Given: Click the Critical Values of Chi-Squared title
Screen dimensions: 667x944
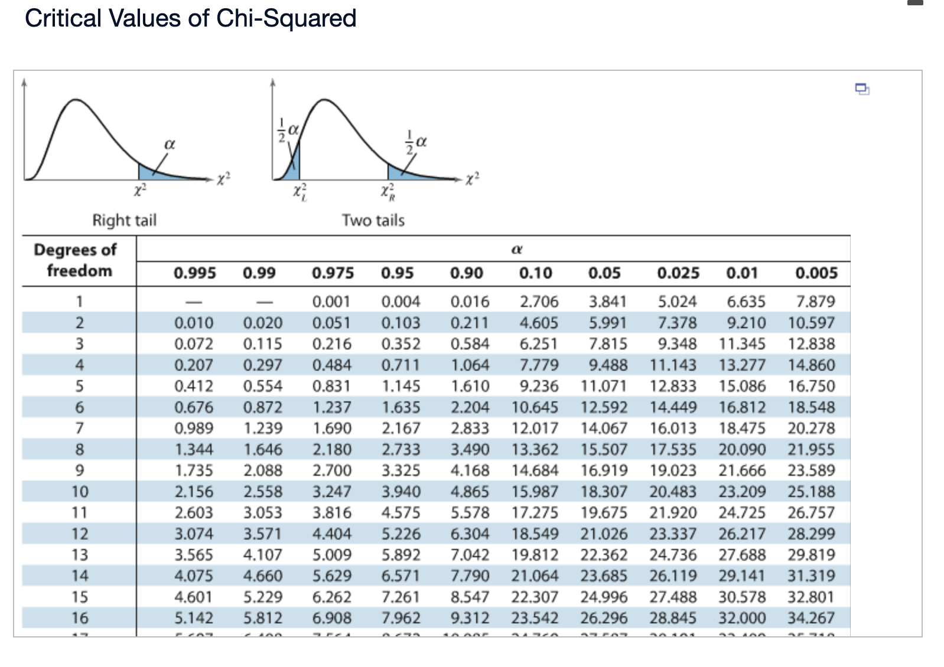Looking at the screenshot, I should tap(190, 18).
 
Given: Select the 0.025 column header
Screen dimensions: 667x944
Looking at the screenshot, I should tap(678, 273).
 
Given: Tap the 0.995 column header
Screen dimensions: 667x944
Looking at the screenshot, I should tap(194, 273).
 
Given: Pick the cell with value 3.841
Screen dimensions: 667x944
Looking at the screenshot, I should tap(607, 302).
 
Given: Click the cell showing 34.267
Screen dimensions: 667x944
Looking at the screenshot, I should tap(811, 618).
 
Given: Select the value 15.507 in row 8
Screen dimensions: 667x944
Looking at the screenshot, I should tap(604, 449).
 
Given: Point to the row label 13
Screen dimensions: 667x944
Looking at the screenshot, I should tap(80, 555).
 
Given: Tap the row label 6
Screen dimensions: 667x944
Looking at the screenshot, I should tap(80, 407).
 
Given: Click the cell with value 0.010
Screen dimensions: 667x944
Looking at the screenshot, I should tap(194, 323).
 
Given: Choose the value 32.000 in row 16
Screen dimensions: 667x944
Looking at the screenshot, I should tap(742, 618).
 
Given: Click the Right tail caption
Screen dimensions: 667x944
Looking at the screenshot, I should tap(124, 220).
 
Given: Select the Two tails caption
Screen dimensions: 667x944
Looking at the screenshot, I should tap(373, 220).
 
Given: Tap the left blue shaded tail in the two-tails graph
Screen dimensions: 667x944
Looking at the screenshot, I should tap(293, 166).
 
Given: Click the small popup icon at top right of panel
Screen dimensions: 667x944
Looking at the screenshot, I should tap(862, 89).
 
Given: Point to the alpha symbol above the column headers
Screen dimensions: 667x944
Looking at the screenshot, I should tap(516, 250).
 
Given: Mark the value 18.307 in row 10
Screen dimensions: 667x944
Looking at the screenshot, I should tap(604, 492).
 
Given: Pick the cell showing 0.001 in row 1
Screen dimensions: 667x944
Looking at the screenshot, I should tap(331, 302).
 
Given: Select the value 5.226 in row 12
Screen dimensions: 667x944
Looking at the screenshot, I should tap(401, 534).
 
